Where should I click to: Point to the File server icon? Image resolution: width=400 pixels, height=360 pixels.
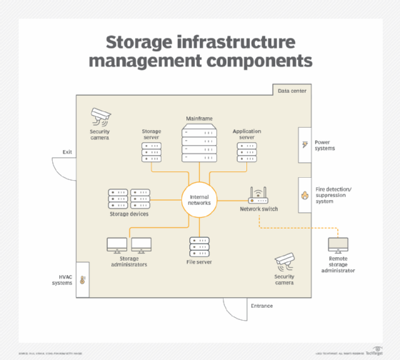click(x=199, y=247)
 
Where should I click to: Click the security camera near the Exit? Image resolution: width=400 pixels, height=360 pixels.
click(x=100, y=116)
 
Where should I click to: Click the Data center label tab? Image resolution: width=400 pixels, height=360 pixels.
click(x=291, y=91)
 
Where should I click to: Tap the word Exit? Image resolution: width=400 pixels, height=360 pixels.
click(x=67, y=151)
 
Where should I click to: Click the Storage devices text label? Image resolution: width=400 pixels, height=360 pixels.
click(x=129, y=214)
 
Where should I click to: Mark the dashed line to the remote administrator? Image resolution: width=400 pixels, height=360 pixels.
click(x=300, y=228)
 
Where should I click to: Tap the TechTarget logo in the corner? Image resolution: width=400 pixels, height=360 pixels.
click(x=375, y=352)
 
